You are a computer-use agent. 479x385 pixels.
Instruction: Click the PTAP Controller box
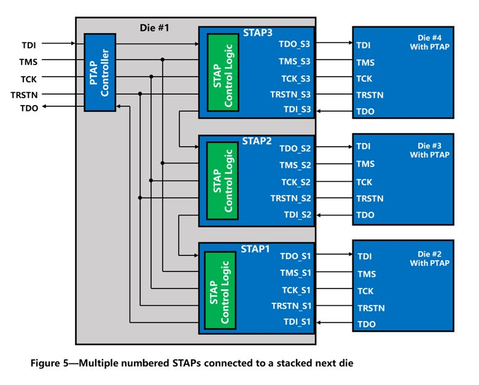(x=99, y=72)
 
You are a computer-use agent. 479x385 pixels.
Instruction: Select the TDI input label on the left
(x=29, y=44)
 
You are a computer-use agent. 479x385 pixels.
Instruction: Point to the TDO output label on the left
(x=29, y=108)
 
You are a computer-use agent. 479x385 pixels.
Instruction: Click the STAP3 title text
(x=258, y=33)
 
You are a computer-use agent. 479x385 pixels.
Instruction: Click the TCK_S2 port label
(x=296, y=182)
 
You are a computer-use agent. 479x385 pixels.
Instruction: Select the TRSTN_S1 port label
(x=292, y=306)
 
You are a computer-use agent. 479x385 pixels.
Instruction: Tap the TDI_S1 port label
(x=298, y=322)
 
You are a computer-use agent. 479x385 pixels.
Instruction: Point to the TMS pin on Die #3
(x=365, y=164)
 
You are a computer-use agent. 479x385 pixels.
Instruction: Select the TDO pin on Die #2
(x=366, y=324)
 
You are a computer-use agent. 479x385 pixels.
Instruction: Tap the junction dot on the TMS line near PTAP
(x=162, y=60)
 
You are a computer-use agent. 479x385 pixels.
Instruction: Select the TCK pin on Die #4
(x=364, y=79)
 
